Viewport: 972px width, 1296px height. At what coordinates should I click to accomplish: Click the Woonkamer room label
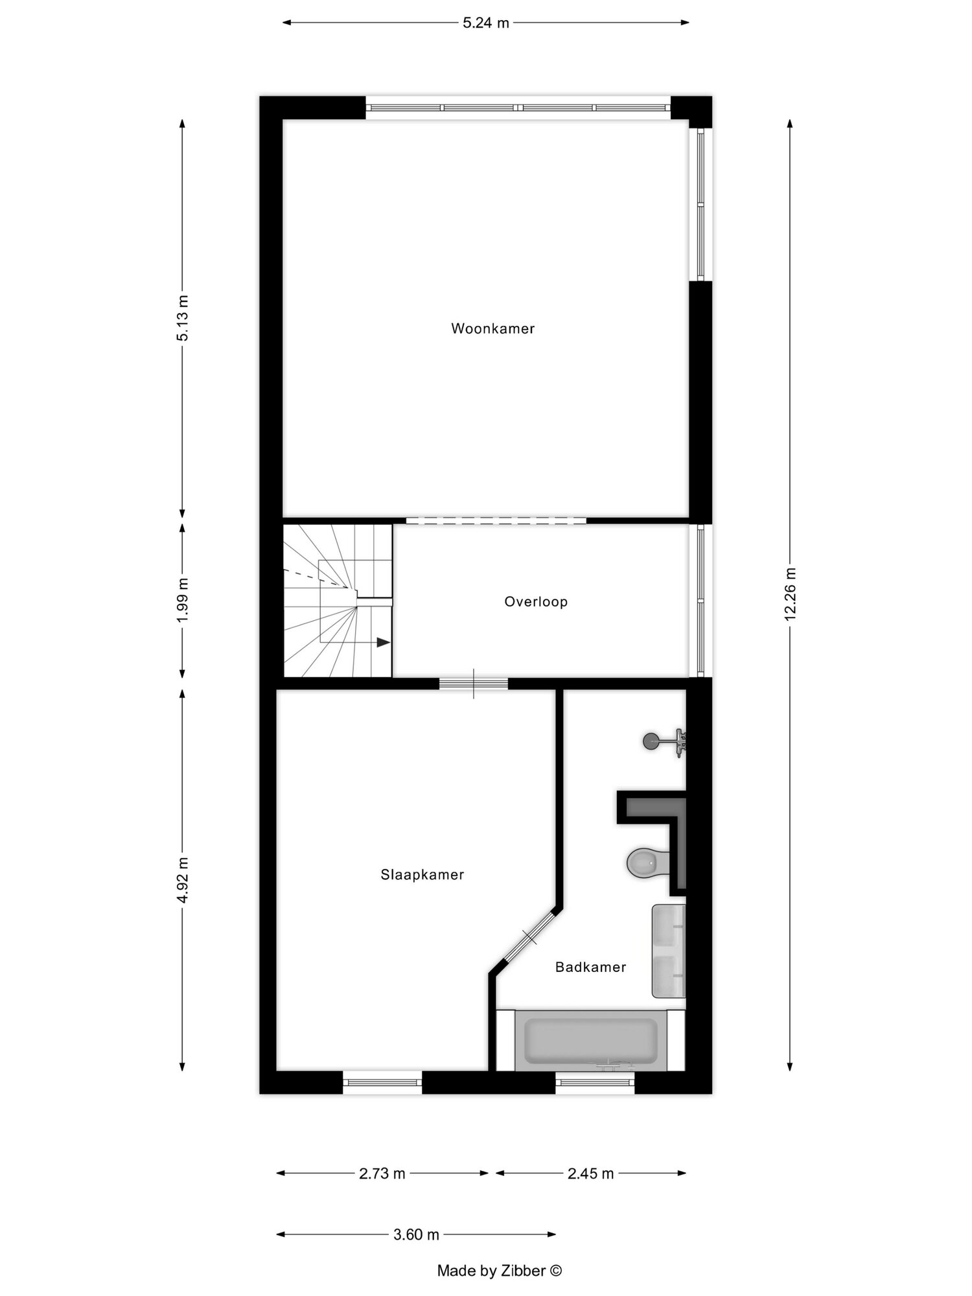492,329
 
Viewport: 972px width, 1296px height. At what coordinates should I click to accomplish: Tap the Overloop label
536,602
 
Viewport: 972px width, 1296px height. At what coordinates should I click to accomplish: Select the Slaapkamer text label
422,875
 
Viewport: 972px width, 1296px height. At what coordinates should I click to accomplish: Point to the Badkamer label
590,967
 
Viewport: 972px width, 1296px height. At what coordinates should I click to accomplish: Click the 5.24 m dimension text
486,23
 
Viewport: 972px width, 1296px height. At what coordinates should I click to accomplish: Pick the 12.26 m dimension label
790,594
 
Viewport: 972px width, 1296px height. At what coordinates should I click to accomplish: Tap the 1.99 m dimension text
183,599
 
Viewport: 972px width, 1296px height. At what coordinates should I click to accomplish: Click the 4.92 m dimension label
183,880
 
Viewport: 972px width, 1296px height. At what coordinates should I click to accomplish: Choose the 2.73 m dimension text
382,1174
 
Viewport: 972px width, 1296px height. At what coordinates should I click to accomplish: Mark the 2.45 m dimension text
590,1174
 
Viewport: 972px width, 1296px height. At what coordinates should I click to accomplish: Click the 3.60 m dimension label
416,1234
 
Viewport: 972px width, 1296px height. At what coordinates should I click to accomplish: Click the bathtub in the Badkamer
590,1041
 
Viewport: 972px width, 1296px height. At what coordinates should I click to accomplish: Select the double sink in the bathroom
668,951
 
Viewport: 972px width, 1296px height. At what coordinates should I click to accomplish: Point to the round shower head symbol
651,740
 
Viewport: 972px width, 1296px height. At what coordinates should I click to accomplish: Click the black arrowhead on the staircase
383,643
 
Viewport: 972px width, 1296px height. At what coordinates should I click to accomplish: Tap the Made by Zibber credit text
500,1271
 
